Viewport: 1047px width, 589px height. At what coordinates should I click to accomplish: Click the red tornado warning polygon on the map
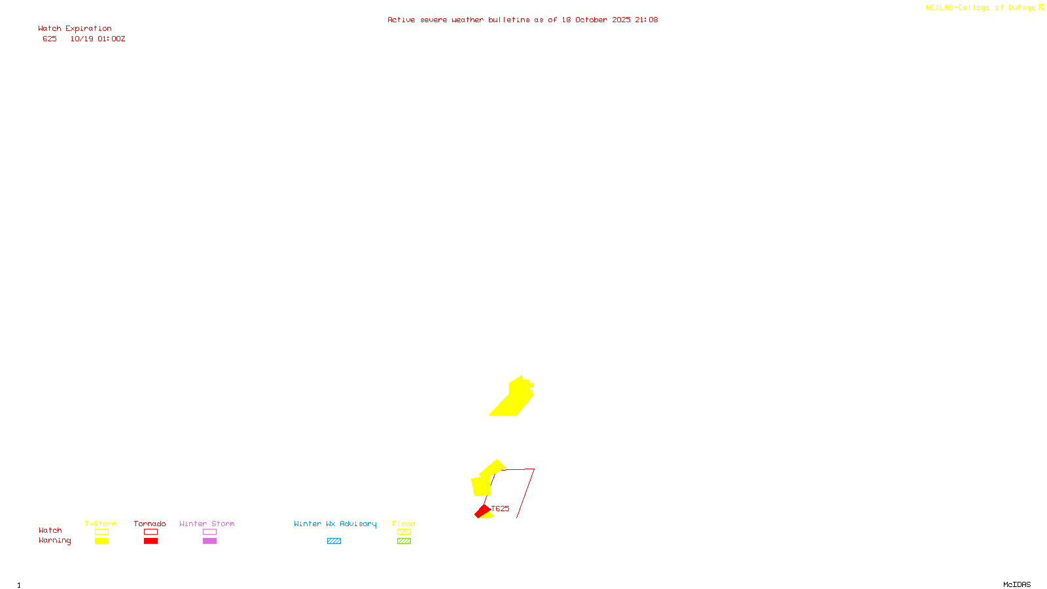coord(482,511)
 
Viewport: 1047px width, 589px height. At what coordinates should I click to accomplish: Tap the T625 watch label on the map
coord(500,509)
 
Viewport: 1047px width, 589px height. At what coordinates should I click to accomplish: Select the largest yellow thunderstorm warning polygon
coord(514,399)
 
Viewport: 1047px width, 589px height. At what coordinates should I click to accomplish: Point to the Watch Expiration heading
coord(75,29)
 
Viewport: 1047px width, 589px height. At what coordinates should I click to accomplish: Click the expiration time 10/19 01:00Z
coord(98,39)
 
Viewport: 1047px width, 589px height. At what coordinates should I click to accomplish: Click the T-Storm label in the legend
coord(101,524)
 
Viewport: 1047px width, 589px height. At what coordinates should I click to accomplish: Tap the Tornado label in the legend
coord(150,524)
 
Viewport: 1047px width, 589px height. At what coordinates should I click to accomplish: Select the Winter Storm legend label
coord(207,524)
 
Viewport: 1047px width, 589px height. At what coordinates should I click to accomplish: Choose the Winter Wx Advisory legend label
coord(335,524)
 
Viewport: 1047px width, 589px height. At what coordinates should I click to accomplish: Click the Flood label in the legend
coord(404,524)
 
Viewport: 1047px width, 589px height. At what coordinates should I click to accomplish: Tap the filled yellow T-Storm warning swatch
coord(101,541)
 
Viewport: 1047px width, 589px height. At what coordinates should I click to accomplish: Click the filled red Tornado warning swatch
coord(151,541)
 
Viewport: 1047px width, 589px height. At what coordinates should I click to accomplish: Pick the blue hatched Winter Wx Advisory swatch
coord(334,541)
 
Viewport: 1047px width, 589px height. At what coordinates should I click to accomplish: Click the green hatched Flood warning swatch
coord(404,541)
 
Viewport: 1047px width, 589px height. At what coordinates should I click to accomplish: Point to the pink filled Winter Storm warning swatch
coord(209,541)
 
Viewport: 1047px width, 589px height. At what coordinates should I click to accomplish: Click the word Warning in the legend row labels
coord(54,541)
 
